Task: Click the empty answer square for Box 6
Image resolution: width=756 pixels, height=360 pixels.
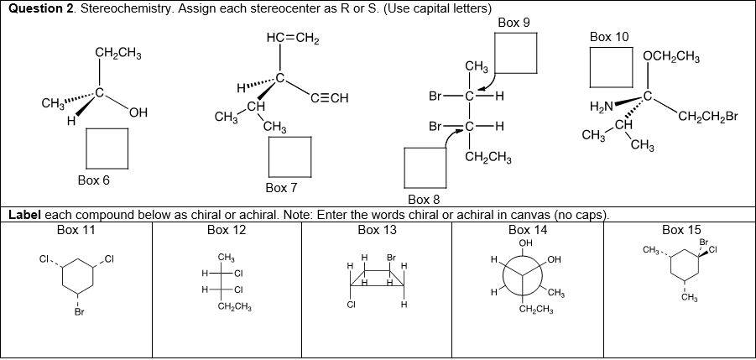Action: pos(107,148)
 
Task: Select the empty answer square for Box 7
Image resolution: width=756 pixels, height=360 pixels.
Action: pos(289,156)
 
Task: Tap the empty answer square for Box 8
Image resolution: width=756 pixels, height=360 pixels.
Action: pos(425,168)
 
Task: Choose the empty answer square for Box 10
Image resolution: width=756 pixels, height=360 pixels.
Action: pos(610,67)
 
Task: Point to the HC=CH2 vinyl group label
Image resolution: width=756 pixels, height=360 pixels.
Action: pos(290,40)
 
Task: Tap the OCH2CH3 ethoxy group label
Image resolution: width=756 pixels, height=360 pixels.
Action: pos(672,57)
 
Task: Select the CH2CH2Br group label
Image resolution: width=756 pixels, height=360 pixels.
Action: pos(709,116)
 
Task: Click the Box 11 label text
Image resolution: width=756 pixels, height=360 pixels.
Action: pos(76,229)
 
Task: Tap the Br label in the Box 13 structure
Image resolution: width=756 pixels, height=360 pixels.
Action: pos(391,256)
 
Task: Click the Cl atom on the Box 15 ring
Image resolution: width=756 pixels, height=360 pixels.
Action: pos(713,249)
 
